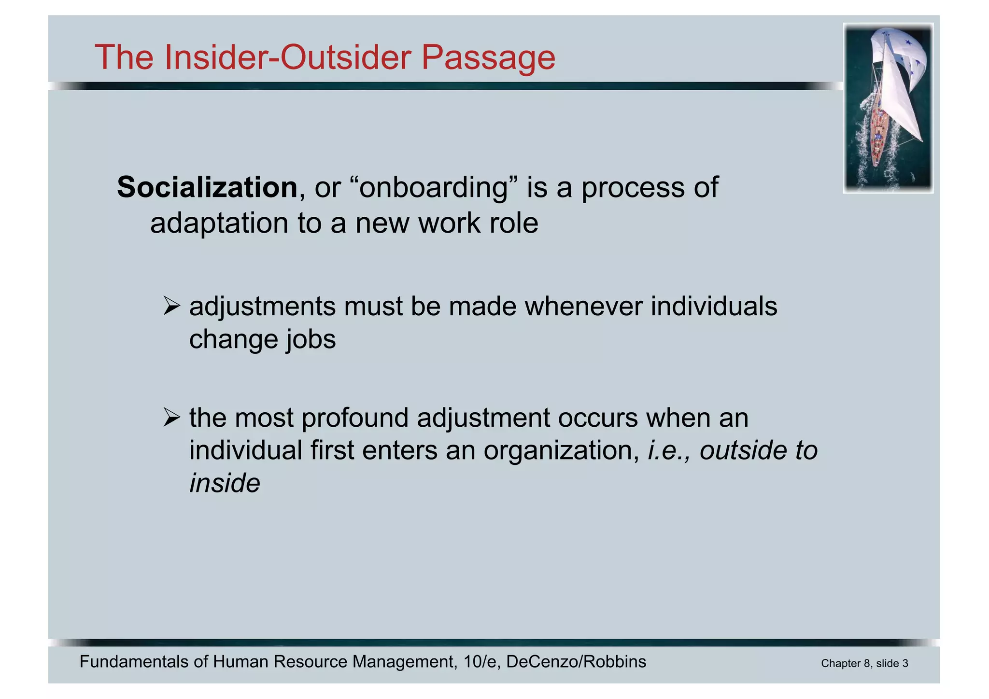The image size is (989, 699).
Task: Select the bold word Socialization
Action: tap(207, 187)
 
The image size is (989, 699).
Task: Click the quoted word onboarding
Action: tap(434, 187)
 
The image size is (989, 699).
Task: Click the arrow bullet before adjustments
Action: tap(171, 306)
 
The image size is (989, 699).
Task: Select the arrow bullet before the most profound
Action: tap(171, 417)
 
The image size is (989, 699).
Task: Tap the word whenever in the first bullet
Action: tap(583, 306)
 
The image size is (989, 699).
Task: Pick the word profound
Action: tap(355, 417)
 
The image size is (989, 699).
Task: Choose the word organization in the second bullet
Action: tap(560, 450)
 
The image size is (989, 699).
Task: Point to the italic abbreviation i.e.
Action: tap(668, 450)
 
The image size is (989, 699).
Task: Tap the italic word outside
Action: tap(743, 450)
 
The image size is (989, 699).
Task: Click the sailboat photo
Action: tap(888, 108)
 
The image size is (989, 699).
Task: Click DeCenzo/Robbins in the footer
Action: tap(576, 662)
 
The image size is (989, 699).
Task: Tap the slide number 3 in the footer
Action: tap(905, 664)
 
